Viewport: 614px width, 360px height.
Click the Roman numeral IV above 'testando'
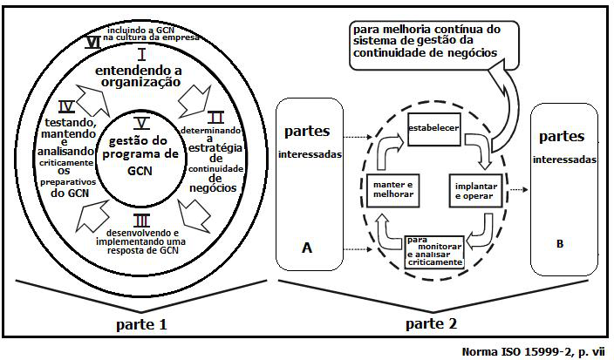coord(65,108)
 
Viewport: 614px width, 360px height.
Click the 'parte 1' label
coord(140,325)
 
